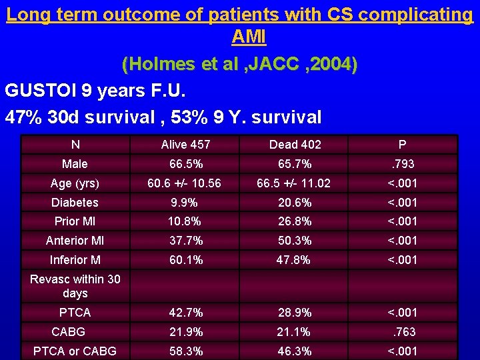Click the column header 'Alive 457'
tap(185, 145)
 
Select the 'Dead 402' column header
tap(295, 145)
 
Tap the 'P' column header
tap(402, 145)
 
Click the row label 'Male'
tap(75, 163)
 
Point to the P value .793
tap(402, 163)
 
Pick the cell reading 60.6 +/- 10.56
tap(185, 183)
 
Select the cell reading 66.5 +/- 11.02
tap(295, 183)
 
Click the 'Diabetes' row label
tap(75, 203)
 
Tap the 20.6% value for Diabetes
tap(295, 203)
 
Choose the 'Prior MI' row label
tap(75, 221)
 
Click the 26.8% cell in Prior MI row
tap(295, 221)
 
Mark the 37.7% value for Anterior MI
tap(185, 241)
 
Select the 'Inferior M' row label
tap(75, 260)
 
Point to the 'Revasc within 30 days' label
tap(75, 286)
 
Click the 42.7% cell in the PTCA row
tap(185, 312)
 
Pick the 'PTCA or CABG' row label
tap(75, 351)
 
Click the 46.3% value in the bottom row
tap(295, 351)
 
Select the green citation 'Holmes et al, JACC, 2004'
tap(239, 65)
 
